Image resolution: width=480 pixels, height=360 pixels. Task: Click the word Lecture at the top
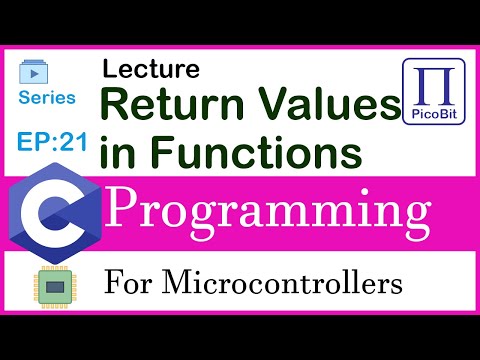(x=150, y=70)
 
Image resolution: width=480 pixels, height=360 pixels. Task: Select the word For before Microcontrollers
(x=127, y=285)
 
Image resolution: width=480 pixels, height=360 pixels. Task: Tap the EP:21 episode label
(x=49, y=140)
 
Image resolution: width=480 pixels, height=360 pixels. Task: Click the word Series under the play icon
(x=46, y=97)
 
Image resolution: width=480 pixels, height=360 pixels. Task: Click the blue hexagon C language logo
(x=52, y=213)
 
